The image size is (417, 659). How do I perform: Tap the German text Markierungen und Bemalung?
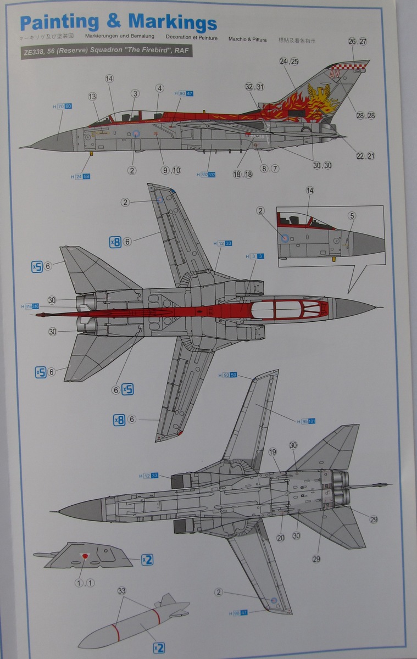pyautogui.click(x=120, y=38)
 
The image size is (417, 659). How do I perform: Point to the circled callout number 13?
pyautogui.click(x=92, y=97)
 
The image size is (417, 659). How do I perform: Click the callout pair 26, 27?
pyautogui.click(x=357, y=42)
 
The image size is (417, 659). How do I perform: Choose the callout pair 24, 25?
pyautogui.click(x=288, y=62)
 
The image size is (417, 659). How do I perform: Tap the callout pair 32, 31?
pyautogui.click(x=255, y=87)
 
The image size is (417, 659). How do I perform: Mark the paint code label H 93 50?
pyautogui.click(x=226, y=375)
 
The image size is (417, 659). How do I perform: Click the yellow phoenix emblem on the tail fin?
pyautogui.click(x=320, y=99)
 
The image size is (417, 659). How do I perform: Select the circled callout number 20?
pyautogui.click(x=281, y=538)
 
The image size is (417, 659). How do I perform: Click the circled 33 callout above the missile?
pyautogui.click(x=122, y=591)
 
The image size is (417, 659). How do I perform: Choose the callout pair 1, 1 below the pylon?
pyautogui.click(x=85, y=583)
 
